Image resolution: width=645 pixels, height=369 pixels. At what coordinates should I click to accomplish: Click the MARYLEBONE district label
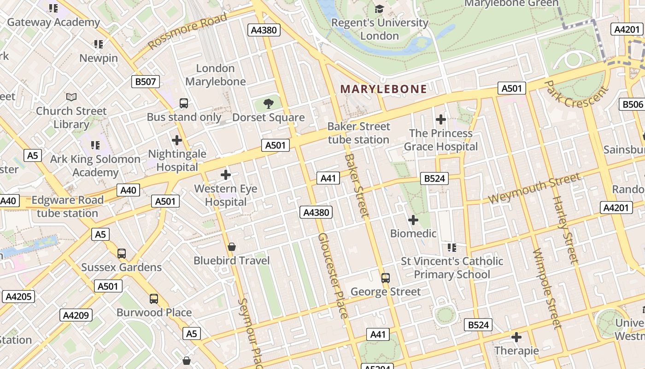coord(383,89)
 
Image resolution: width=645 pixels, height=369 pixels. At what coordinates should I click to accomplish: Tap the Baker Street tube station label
coord(358,133)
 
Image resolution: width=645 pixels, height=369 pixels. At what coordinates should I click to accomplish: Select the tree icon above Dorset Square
coord(268,104)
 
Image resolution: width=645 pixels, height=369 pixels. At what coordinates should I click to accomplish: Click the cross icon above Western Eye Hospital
coord(226,175)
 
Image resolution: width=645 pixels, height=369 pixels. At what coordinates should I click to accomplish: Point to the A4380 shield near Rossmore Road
coord(264,30)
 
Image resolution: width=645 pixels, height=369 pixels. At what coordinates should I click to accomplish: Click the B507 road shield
coord(146,82)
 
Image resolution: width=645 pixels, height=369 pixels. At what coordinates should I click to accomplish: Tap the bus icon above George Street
coord(386,278)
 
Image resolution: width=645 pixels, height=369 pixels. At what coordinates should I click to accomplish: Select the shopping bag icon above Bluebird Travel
coord(232,247)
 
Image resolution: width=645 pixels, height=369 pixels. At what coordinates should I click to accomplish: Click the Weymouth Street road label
coord(534,189)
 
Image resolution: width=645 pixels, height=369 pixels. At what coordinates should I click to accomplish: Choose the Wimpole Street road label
coord(547,288)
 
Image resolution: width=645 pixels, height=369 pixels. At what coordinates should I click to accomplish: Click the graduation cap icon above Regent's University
coord(379,9)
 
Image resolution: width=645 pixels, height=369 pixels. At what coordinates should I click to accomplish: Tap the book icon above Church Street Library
coord(71,97)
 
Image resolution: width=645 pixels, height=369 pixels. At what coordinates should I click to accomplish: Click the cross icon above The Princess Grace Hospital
coord(441,119)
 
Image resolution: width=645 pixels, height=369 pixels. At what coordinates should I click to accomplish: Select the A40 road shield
coord(128,190)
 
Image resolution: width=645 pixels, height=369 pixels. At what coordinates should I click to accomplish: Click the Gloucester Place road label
coord(333,276)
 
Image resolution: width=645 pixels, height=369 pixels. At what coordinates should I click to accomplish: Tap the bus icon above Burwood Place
coord(154,299)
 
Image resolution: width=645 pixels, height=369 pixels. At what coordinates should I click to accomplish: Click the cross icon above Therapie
coord(516,337)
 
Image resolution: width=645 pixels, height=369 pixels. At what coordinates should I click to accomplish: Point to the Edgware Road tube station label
coord(67,207)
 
